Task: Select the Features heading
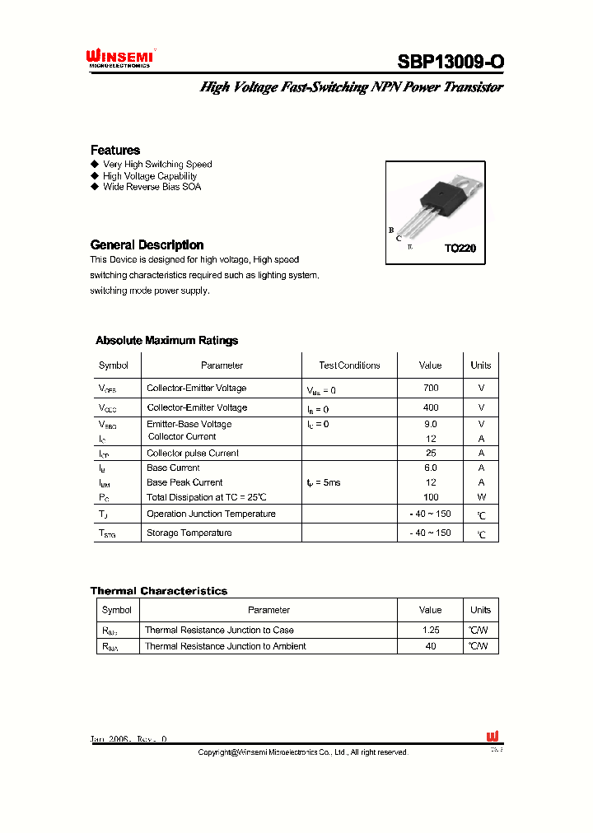[x=115, y=150]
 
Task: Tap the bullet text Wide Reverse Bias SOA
[x=152, y=187]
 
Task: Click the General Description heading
[x=147, y=244]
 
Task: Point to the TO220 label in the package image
[x=460, y=248]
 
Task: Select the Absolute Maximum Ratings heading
[x=166, y=340]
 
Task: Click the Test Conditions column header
[x=349, y=365]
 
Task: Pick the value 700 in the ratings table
[x=430, y=388]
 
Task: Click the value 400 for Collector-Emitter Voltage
[x=430, y=407]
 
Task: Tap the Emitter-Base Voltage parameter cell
[x=189, y=424]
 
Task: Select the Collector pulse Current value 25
[x=430, y=454]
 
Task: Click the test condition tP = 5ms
[x=323, y=482]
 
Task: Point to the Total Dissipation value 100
[x=430, y=497]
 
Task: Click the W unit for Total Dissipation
[x=481, y=497]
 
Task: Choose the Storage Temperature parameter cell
[x=189, y=533]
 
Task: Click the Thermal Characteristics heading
[x=158, y=591]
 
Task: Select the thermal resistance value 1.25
[x=430, y=630]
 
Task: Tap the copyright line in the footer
[x=303, y=752]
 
